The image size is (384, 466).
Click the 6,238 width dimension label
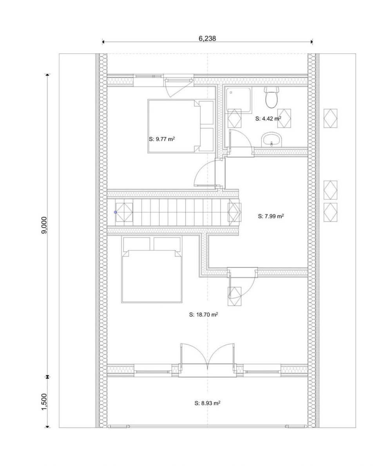207,38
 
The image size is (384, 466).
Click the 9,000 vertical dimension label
44,225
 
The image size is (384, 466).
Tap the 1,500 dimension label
44,402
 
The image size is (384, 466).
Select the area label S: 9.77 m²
161,139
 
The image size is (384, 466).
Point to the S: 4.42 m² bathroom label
268,118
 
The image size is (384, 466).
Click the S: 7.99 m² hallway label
271,216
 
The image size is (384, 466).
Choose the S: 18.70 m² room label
204,315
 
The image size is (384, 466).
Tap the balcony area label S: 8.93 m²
207,403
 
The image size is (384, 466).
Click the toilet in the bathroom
272,97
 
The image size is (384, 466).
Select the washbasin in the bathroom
272,139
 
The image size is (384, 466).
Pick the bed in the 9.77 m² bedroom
181,126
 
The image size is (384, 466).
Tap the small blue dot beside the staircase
115,212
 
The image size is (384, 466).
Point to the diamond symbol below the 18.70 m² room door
234,296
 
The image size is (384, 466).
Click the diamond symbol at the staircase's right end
234,212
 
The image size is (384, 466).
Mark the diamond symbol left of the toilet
234,118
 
